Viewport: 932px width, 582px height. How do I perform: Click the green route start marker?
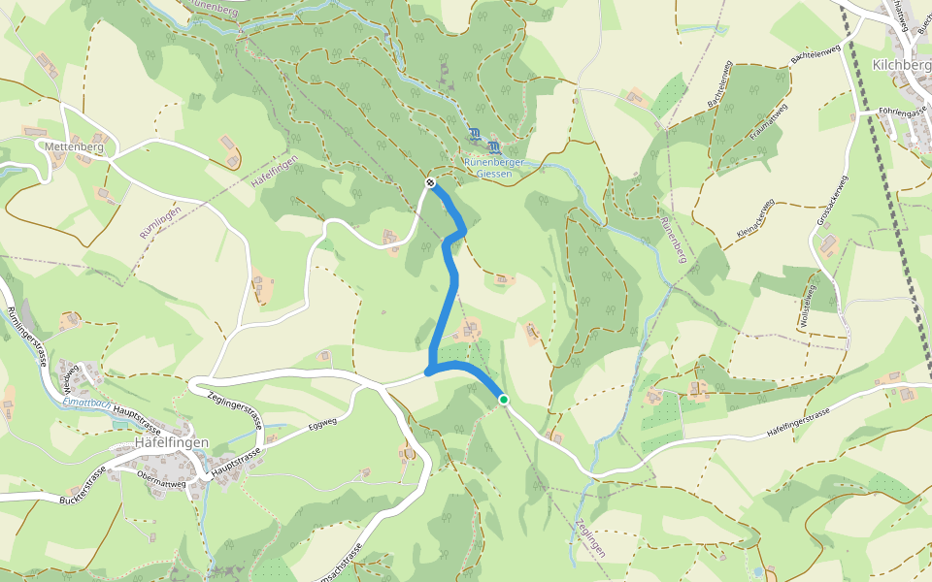click(503, 399)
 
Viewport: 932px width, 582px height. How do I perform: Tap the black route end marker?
click(430, 182)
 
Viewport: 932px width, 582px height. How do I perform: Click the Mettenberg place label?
click(74, 146)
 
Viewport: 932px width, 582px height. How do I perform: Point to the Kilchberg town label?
click(902, 66)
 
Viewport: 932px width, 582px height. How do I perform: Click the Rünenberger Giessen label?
click(495, 168)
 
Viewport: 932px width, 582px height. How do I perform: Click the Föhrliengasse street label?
click(902, 113)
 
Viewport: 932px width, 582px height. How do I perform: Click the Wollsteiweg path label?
click(807, 305)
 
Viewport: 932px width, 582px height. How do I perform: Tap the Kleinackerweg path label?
click(754, 220)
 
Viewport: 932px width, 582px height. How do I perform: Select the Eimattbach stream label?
click(83, 403)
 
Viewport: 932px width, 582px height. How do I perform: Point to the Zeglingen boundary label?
click(590, 537)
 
